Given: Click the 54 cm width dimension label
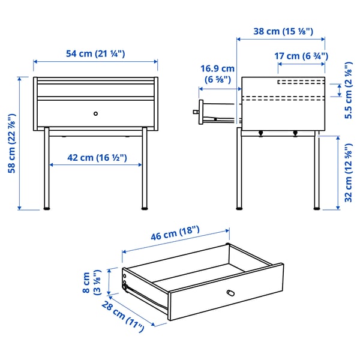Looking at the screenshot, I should click(x=95, y=54).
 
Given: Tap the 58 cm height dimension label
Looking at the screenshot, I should click(x=11, y=143).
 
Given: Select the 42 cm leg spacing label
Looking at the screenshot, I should click(x=97, y=158).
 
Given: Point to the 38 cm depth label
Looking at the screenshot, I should click(x=281, y=31).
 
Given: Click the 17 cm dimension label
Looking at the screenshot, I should click(x=301, y=56).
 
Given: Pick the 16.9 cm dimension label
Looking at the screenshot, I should click(x=217, y=73).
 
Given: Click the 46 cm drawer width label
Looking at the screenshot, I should click(x=175, y=236).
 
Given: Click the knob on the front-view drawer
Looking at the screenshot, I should click(x=95, y=113).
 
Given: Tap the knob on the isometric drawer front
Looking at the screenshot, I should click(x=229, y=292).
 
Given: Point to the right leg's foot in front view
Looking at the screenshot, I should click(x=145, y=209).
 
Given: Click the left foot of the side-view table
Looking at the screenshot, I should click(x=241, y=208).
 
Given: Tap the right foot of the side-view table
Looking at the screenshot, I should click(x=317, y=208).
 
